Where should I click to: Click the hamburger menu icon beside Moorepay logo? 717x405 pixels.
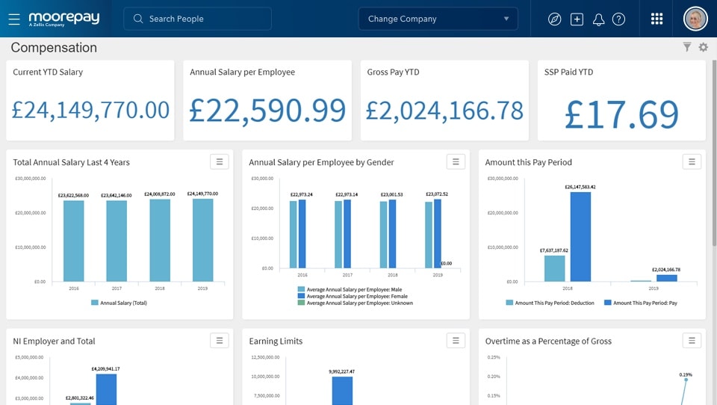click(x=14, y=19)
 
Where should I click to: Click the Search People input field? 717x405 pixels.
click(x=198, y=19)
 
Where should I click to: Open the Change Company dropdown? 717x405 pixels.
click(x=438, y=19)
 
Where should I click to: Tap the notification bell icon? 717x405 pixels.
click(x=598, y=19)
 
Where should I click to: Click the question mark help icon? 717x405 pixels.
click(x=618, y=19)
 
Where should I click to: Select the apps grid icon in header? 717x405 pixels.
click(x=657, y=19)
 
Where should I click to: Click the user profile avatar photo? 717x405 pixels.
click(x=695, y=19)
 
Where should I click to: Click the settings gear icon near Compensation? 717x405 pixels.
click(x=703, y=48)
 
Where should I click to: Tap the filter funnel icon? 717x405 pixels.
click(x=687, y=48)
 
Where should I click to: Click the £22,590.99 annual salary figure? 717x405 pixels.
click(x=267, y=111)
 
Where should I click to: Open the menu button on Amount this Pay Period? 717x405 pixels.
click(x=692, y=161)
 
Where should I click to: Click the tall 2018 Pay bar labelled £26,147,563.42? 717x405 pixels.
click(x=580, y=236)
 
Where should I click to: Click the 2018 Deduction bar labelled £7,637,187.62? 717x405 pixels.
click(x=554, y=268)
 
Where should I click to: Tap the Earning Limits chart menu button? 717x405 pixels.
click(x=456, y=341)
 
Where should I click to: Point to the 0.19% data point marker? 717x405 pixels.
click(x=686, y=380)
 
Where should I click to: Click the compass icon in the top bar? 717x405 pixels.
click(x=554, y=19)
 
